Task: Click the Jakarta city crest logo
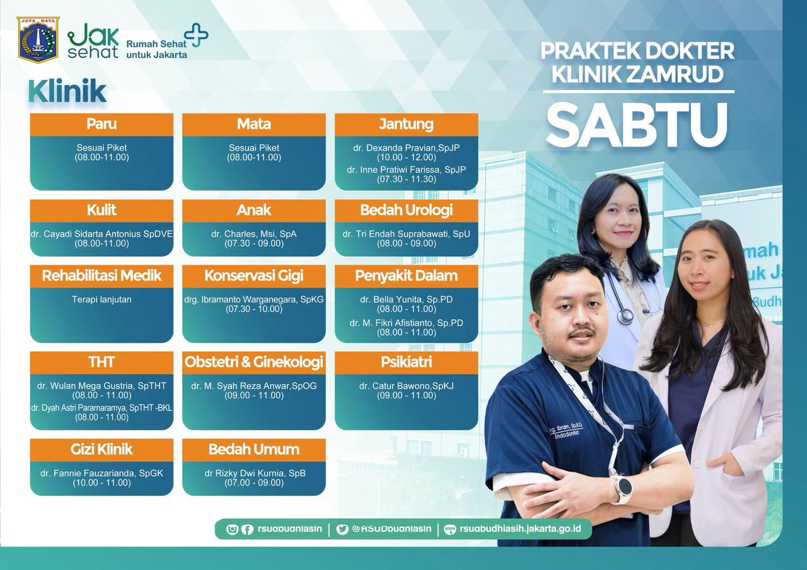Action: click(x=38, y=40)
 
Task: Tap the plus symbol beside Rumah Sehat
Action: click(x=196, y=35)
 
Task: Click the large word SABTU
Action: click(x=637, y=124)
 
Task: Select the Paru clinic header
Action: click(x=102, y=124)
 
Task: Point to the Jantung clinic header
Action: click(x=407, y=124)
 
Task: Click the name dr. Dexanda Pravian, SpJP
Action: click(x=407, y=148)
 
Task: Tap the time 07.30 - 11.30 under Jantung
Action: click(x=407, y=179)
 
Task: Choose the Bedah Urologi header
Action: click(x=407, y=211)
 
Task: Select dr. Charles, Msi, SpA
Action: click(x=254, y=234)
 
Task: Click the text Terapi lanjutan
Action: click(x=102, y=300)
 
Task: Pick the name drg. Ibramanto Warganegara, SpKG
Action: click(x=254, y=300)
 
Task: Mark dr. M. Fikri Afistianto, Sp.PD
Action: click(x=407, y=323)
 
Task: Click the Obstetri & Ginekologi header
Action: click(x=254, y=363)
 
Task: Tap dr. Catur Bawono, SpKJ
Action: click(x=407, y=386)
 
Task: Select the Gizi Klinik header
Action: click(x=102, y=450)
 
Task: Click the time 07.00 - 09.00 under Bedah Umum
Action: click(x=254, y=482)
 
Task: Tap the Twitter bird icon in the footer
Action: click(x=342, y=529)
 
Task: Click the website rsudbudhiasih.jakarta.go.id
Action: click(x=520, y=528)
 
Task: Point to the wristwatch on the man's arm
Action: click(x=622, y=488)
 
